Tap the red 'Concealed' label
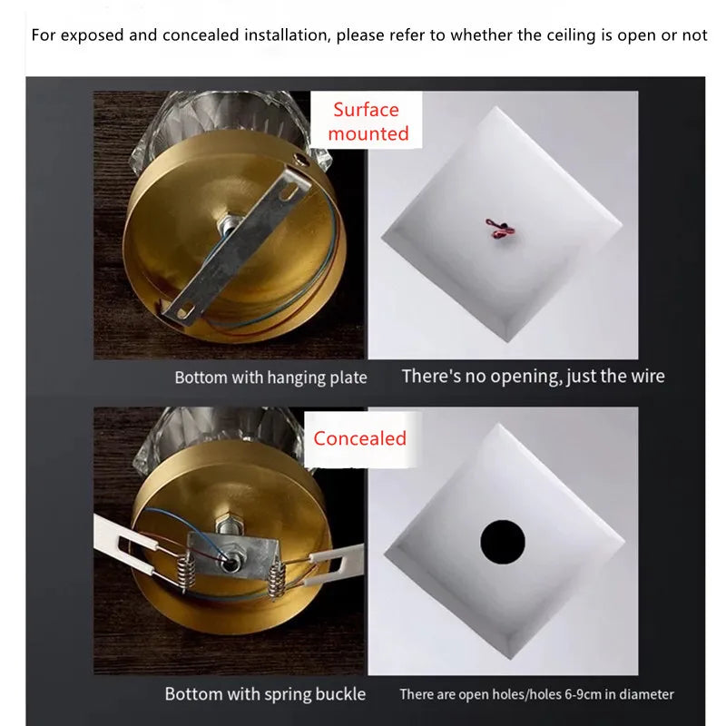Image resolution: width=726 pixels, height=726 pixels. (x=359, y=438)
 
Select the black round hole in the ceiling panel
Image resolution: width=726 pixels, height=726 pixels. (x=503, y=542)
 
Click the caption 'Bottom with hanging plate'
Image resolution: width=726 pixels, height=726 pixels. (x=270, y=378)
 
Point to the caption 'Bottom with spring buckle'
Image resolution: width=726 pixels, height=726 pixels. (x=265, y=694)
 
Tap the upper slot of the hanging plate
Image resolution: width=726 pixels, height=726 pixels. (x=290, y=191)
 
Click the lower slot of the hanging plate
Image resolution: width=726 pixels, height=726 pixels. (x=183, y=309)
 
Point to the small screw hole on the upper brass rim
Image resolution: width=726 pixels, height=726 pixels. (x=299, y=161)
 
